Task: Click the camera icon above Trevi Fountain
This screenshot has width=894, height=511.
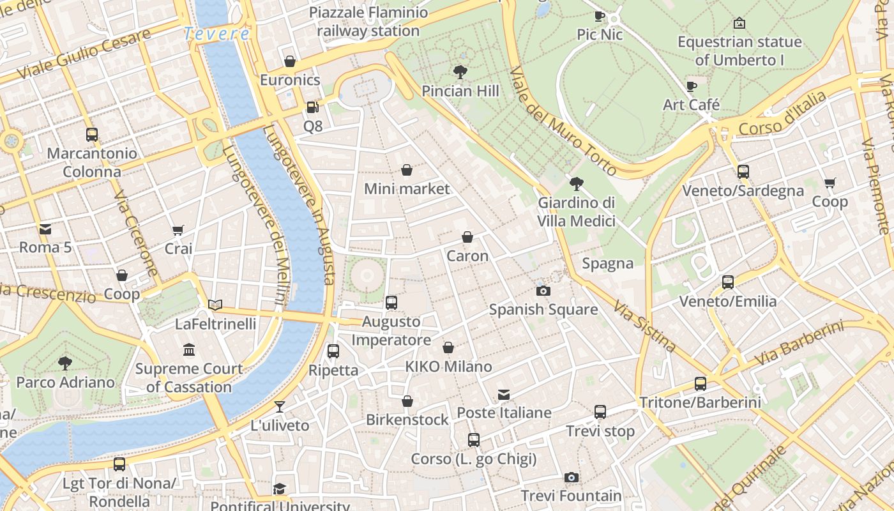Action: pyautogui.click(x=572, y=477)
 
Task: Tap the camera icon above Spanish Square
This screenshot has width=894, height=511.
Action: pyautogui.click(x=543, y=291)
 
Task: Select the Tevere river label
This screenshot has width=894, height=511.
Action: pyautogui.click(x=216, y=34)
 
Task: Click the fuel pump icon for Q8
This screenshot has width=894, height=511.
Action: pyautogui.click(x=312, y=107)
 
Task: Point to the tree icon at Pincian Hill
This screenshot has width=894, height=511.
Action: pyautogui.click(x=460, y=72)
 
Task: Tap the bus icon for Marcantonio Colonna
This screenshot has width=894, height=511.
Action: pyautogui.click(x=92, y=135)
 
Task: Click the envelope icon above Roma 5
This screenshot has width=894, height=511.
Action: pyautogui.click(x=45, y=229)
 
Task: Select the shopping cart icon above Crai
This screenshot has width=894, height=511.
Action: pyautogui.click(x=178, y=230)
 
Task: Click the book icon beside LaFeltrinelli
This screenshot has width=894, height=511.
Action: pyautogui.click(x=215, y=305)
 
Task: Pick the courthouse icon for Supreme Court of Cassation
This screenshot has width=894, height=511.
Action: pyautogui.click(x=189, y=349)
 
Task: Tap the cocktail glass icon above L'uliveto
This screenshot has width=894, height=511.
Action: pyautogui.click(x=279, y=406)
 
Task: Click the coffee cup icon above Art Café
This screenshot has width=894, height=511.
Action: pyautogui.click(x=691, y=86)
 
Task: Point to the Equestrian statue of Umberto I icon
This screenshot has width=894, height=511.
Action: pyautogui.click(x=739, y=23)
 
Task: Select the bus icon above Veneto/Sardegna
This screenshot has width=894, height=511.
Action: pyautogui.click(x=743, y=172)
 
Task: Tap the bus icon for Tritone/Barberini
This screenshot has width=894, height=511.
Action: pyautogui.click(x=701, y=384)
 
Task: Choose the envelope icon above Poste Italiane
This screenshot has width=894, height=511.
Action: pyautogui.click(x=504, y=394)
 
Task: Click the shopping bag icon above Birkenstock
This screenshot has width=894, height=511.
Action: pyautogui.click(x=407, y=401)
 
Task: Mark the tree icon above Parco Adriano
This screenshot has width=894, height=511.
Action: pyautogui.click(x=65, y=363)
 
